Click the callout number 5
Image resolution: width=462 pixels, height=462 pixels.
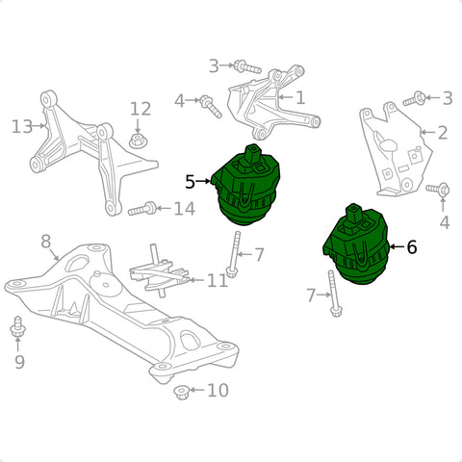coord(190,182)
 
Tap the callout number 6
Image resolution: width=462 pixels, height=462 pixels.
coord(412,247)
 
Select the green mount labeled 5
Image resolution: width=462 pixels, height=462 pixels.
coord(246,185)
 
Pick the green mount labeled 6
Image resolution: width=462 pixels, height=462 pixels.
coord(356,244)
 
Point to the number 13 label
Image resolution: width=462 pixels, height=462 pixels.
coord(22,126)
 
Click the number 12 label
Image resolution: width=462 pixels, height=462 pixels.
coord(141,109)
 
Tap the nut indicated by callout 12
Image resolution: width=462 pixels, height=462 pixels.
coord(138,141)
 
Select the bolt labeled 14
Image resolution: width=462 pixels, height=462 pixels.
coord(142,209)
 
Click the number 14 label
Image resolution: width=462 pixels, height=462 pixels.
coord(185,209)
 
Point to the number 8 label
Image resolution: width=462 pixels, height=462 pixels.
coord(46,242)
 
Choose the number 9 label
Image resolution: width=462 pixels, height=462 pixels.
coord(19,362)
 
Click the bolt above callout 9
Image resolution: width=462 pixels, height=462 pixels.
coord(17,327)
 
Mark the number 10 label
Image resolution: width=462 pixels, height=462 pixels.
coord(218,390)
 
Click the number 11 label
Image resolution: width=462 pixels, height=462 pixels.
coord(218,280)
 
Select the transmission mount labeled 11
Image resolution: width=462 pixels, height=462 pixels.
coord(159,272)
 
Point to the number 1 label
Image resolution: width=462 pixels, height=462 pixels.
coord(300,97)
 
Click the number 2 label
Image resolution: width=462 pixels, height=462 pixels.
coord(443,132)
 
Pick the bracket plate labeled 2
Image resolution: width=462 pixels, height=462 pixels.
coord(396,149)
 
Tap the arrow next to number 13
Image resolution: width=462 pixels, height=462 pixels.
coord(39,126)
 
